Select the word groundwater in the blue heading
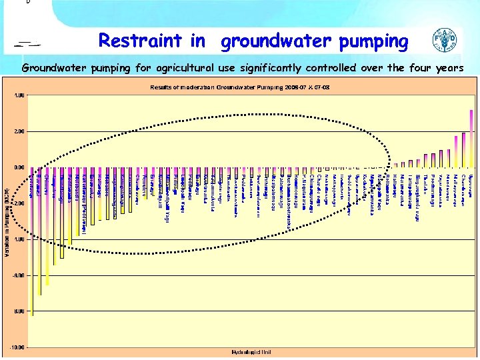click(x=276, y=41)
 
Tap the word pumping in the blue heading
click(x=373, y=41)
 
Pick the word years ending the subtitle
click(x=445, y=67)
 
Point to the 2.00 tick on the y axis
click(x=20, y=131)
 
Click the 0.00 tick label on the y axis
click(x=20, y=167)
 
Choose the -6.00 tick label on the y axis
click(x=19, y=275)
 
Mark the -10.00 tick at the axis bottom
click(x=18, y=347)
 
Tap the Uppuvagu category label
click(x=471, y=183)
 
